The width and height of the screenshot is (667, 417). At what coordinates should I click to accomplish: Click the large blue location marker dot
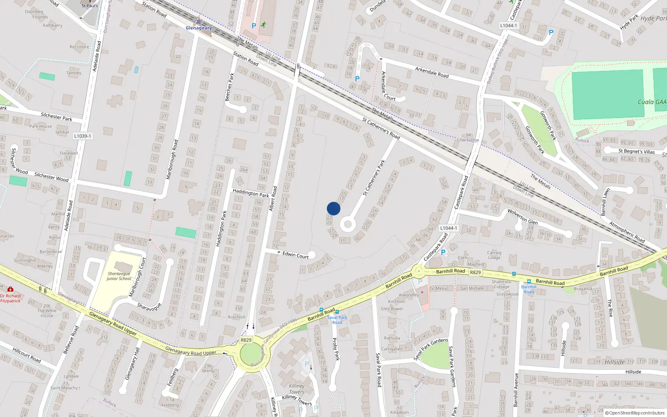click(333, 208)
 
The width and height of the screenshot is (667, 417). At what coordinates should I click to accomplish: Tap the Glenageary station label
click(198, 28)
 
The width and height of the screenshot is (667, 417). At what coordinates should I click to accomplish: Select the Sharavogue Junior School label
click(119, 276)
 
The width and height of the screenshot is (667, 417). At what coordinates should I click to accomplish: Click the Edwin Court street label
click(296, 255)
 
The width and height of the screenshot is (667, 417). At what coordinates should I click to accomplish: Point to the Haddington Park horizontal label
click(251, 193)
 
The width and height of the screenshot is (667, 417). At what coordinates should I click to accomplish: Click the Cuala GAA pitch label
click(652, 102)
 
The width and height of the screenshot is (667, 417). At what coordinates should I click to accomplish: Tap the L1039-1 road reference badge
click(83, 136)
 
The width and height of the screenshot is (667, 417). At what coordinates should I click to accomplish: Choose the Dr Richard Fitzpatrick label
click(10, 298)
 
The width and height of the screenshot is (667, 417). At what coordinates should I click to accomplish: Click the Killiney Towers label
click(296, 389)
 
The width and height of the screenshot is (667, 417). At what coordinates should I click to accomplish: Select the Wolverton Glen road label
click(522, 216)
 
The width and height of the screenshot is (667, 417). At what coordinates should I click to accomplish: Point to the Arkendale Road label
click(432, 72)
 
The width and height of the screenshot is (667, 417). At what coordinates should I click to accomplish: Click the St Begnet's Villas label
click(637, 151)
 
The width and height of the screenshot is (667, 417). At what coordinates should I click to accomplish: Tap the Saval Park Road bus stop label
click(337, 320)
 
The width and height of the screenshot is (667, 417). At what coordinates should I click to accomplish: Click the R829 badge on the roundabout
click(246, 340)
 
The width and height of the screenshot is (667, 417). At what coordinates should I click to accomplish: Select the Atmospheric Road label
click(627, 232)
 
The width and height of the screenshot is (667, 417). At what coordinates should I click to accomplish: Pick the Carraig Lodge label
click(494, 255)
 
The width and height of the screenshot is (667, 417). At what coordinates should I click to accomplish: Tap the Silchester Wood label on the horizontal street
click(51, 177)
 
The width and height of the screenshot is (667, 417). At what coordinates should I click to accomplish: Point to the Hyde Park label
click(653, 18)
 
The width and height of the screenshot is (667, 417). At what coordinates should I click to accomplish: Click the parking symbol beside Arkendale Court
click(357, 78)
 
